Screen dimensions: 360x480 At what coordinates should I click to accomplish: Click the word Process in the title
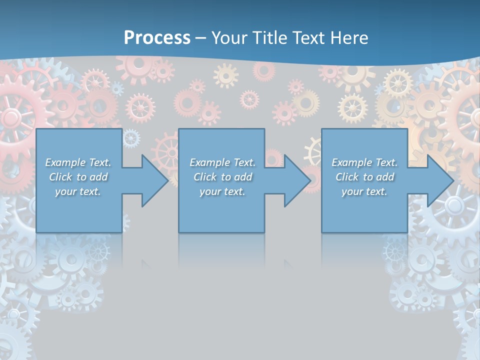coord(157,38)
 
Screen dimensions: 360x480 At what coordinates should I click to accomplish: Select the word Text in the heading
coord(309,38)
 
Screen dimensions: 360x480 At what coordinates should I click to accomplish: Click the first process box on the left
coord(79,210)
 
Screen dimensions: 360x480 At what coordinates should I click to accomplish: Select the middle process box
coord(221,210)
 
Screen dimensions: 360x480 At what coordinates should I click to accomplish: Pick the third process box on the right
coord(364,210)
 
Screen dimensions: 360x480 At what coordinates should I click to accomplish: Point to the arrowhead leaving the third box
coord(439,180)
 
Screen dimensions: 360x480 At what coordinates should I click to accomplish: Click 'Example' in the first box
coord(65,162)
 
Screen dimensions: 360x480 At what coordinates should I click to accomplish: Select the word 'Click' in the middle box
coord(205,177)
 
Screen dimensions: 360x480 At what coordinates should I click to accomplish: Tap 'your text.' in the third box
coord(364,191)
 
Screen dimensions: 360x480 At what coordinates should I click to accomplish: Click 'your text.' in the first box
coord(77,191)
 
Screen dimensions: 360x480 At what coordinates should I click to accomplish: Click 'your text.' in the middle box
coord(222,191)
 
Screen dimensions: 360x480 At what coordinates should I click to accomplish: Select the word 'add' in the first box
coord(99,177)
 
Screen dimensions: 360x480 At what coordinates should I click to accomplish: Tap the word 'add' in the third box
coord(385,177)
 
